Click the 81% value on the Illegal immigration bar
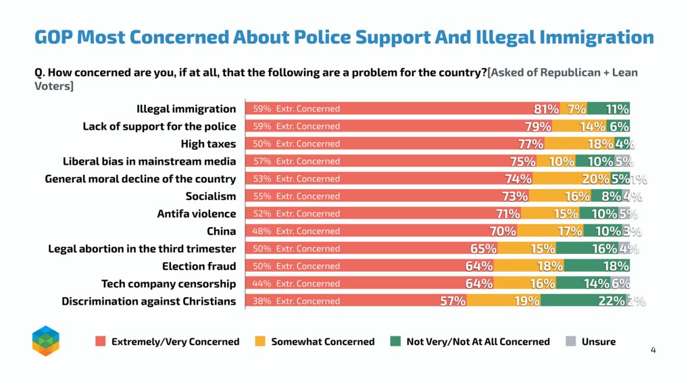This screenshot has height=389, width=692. pos(546,109)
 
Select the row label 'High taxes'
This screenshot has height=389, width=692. pos(208,144)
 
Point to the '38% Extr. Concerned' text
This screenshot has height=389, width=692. pos(296,301)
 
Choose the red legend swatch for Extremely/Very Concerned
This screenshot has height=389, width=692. pos(101,342)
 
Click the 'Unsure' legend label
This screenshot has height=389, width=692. pos(598,342)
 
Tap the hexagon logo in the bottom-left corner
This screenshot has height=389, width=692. pos(46,340)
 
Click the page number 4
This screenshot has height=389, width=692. pos(653,350)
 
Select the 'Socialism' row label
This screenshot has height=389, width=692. pos(211,197)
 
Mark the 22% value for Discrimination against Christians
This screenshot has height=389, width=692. pos(611,301)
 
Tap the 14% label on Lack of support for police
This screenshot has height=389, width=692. pos(593,126)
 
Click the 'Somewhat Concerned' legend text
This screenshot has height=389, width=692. pos(322,342)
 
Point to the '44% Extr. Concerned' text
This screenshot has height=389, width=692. pos(296,284)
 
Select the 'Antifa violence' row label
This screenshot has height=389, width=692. pos(197,214)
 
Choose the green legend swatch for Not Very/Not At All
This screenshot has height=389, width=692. pos(396,342)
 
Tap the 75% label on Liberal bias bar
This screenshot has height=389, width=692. pos(522,161)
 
